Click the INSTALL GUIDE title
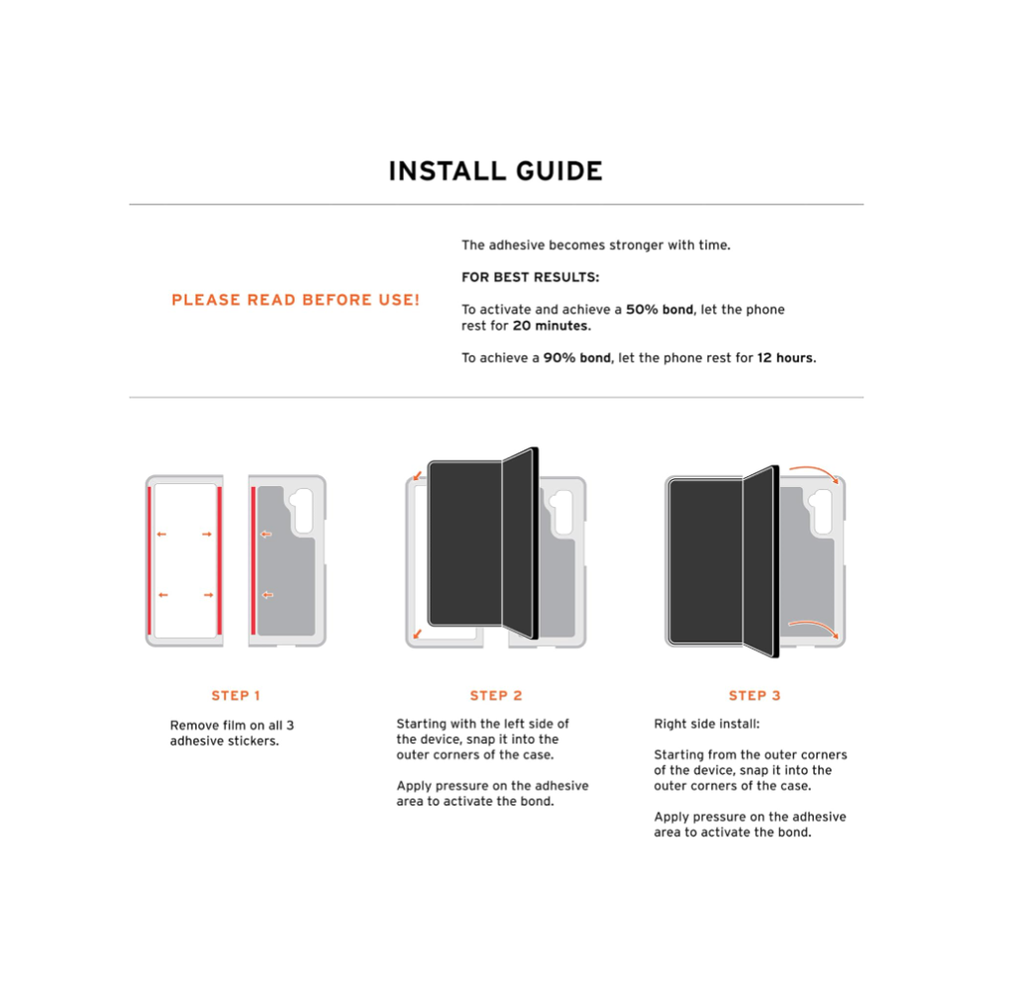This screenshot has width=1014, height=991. [495, 171]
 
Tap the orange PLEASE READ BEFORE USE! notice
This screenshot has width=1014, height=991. [295, 300]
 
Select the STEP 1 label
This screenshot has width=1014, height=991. [236, 696]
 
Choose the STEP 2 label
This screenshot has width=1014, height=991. [496, 696]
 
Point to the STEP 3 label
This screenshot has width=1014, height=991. [755, 696]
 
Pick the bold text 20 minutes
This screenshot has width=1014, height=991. [552, 326]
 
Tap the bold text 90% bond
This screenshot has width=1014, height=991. [577, 358]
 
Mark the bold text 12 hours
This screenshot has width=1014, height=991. [786, 358]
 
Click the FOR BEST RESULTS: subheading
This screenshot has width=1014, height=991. [531, 277]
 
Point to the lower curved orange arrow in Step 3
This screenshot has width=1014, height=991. [815, 626]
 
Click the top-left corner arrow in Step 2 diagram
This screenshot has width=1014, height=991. [418, 476]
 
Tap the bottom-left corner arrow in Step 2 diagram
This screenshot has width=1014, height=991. [418, 634]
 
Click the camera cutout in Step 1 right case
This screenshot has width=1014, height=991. [301, 511]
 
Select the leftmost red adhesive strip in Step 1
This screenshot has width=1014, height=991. [151, 560]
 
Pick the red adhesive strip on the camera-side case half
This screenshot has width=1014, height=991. [253, 560]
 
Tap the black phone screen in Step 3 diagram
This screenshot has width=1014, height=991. [706, 561]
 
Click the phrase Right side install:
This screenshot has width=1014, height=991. [707, 724]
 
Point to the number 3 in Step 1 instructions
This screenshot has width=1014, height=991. [290, 726]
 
